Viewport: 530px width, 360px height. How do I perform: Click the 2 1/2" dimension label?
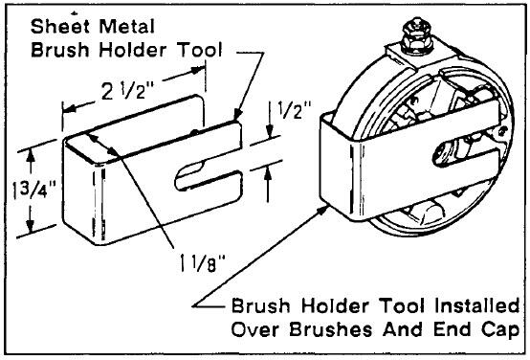(127, 90)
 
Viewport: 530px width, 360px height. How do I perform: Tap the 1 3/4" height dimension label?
(33, 191)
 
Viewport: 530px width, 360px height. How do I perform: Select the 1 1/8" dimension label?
(202, 262)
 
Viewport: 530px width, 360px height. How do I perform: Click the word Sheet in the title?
(60, 26)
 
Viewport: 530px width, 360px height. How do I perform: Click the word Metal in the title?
(126, 26)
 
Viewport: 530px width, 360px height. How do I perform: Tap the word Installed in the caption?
(477, 305)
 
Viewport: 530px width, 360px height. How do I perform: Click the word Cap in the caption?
(500, 330)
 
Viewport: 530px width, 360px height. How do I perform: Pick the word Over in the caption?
(255, 329)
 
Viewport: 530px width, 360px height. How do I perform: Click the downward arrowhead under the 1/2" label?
(270, 131)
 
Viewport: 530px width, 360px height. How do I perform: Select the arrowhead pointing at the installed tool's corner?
(322, 210)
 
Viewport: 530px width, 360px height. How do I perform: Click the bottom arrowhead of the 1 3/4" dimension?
(30, 226)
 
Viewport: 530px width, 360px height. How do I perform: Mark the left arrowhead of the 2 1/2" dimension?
(69, 109)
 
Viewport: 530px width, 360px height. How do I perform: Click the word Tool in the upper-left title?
(200, 50)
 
